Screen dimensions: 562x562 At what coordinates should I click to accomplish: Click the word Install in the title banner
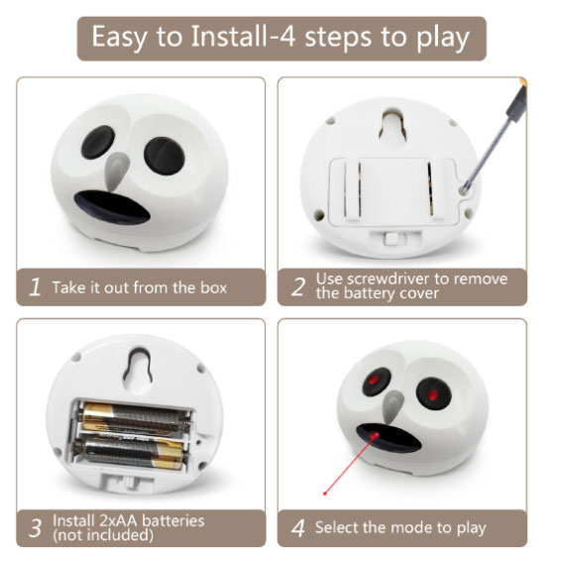[x=228, y=36]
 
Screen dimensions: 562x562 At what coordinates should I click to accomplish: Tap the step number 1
[x=35, y=287]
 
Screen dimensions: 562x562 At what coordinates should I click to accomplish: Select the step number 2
[x=298, y=287]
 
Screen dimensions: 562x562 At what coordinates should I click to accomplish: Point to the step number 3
[x=35, y=528]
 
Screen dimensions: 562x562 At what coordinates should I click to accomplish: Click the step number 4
[x=298, y=528]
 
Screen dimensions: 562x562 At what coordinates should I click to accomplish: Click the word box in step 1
[x=214, y=287]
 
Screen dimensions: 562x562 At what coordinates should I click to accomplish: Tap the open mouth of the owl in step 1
[x=112, y=207]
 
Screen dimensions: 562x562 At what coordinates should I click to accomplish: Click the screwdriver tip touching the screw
[x=464, y=190]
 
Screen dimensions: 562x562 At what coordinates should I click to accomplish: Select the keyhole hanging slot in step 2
[x=393, y=126]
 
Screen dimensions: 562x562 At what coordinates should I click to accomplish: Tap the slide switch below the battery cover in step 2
[x=393, y=238]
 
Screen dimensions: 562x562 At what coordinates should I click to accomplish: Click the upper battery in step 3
[x=135, y=418]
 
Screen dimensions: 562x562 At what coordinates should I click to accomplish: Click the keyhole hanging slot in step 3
[x=137, y=367]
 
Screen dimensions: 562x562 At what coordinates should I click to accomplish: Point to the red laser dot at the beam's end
[x=325, y=494]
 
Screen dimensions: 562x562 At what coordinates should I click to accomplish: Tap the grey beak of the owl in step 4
[x=393, y=405]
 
